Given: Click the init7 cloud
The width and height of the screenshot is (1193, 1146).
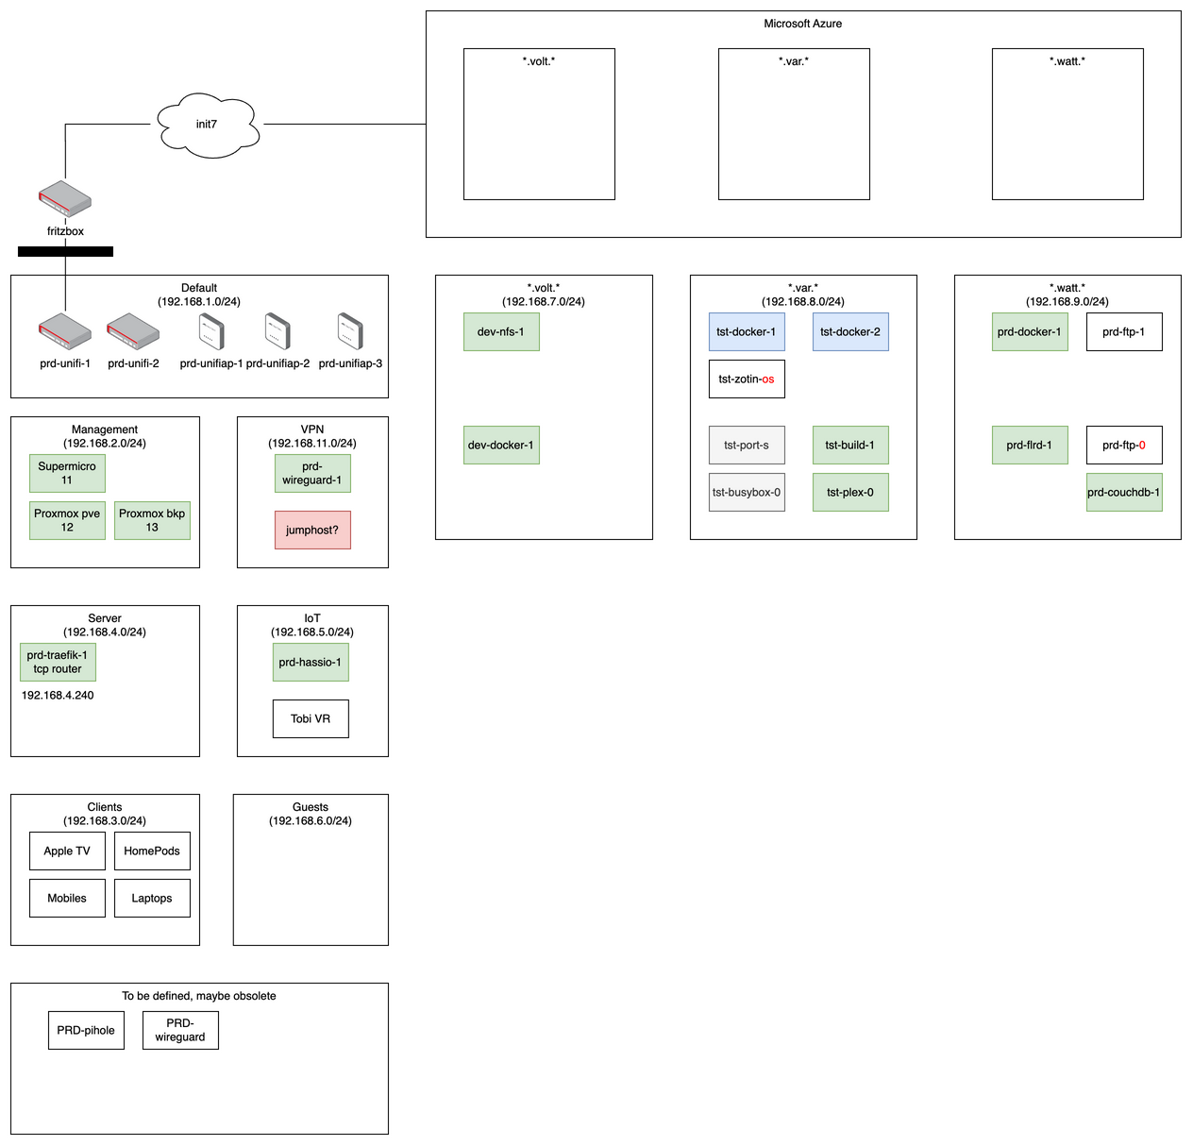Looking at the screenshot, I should tap(207, 124).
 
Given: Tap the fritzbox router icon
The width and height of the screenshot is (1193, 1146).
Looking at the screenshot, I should tap(65, 199).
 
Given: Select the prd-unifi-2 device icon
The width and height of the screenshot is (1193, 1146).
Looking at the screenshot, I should tap(133, 331).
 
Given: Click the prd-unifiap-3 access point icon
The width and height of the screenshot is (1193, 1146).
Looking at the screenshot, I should tap(350, 331).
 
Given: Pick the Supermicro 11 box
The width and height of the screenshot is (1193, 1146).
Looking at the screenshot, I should tap(67, 473).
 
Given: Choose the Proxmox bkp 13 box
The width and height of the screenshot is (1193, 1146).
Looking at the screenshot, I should tap(152, 520).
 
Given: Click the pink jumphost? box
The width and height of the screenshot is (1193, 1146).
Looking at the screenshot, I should tap(312, 530).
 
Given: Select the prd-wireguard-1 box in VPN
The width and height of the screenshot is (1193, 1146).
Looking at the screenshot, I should tap(312, 473).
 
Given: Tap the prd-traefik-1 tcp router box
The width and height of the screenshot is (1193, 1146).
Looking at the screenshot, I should tap(58, 662).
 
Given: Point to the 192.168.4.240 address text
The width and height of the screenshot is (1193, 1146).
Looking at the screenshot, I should tap(58, 696).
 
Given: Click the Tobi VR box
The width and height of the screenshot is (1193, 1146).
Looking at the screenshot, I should tap(311, 718).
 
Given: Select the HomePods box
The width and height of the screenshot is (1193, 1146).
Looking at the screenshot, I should tap(152, 851).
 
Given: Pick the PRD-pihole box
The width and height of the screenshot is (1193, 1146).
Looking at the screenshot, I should tap(86, 1030).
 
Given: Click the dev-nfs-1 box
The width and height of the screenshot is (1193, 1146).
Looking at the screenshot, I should tap(501, 331).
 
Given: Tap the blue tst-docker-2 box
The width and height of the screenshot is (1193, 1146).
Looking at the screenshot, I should tap(850, 331).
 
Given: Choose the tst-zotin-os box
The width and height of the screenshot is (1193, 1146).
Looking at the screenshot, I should tap(747, 379).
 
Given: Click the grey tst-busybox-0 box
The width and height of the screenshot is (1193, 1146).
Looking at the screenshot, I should tap(747, 492).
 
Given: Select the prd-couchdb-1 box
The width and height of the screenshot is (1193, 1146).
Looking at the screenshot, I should tap(1124, 492).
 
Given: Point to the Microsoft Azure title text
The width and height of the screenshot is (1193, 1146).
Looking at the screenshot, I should tap(803, 24).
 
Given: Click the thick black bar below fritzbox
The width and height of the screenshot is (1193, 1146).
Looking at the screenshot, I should tap(65, 251).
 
